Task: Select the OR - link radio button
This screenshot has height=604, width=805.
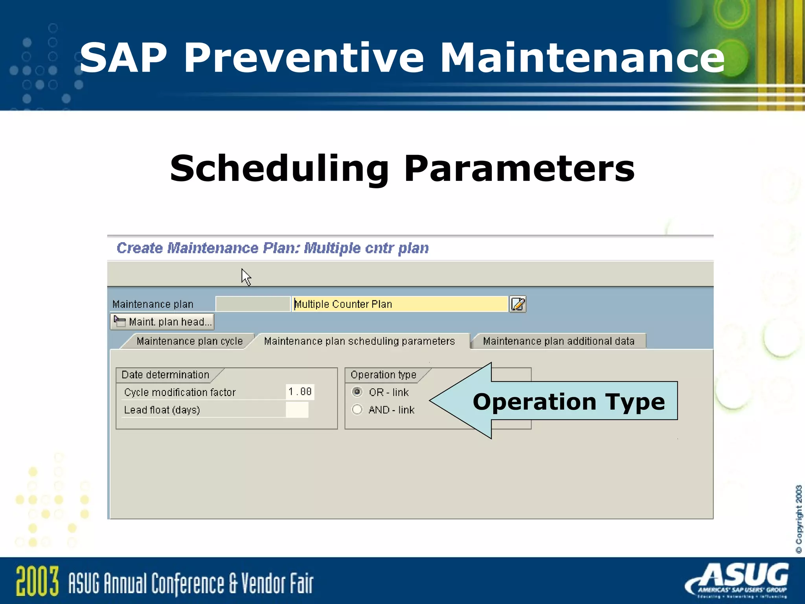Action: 357,392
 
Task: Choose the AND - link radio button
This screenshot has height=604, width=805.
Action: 357,410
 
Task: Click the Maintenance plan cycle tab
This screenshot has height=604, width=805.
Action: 189,341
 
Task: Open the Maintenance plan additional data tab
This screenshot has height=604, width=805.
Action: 559,341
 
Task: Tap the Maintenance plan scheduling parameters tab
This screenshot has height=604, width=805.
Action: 359,341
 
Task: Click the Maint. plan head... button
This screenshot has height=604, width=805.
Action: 163,322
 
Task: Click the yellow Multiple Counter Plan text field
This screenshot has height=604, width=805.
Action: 399,304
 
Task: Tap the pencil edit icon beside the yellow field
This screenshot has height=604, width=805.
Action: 518,304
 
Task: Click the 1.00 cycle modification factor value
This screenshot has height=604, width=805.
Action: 300,392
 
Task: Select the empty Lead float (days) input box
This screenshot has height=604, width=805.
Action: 297,410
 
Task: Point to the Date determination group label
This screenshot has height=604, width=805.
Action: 165,375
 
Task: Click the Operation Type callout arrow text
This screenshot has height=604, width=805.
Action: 568,401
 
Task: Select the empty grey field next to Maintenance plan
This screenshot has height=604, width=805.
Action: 253,304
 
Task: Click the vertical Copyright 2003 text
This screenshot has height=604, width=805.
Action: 798,519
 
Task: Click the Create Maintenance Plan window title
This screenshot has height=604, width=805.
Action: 272,248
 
